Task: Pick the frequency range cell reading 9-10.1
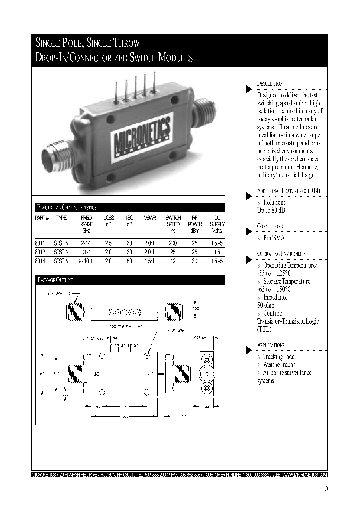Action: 86,261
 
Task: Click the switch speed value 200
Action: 173,243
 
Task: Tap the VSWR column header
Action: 149,218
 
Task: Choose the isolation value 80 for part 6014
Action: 129,261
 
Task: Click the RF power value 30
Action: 194,261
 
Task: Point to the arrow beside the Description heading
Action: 249,89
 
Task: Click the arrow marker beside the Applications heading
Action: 249,350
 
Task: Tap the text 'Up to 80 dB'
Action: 271,211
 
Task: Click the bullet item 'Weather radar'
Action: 279,365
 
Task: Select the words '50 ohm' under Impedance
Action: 266,305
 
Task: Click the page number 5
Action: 326,489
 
